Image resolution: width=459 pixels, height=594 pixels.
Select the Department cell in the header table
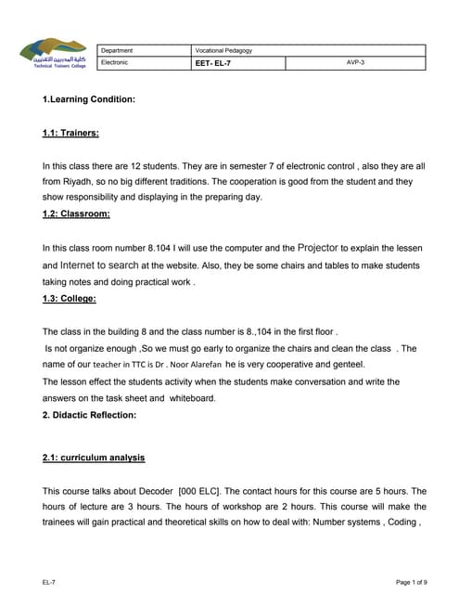(x=118, y=50)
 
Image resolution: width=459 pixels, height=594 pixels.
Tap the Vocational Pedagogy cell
(x=223, y=50)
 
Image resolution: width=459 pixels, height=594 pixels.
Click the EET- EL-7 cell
(x=214, y=63)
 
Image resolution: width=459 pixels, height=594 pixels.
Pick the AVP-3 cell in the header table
(x=355, y=63)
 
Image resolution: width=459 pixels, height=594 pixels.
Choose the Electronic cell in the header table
(x=115, y=63)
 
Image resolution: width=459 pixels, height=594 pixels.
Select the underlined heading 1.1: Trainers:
(x=70, y=133)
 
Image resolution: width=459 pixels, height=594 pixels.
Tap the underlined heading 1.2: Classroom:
(x=76, y=214)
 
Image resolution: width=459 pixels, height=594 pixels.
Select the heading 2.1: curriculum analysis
(x=94, y=458)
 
